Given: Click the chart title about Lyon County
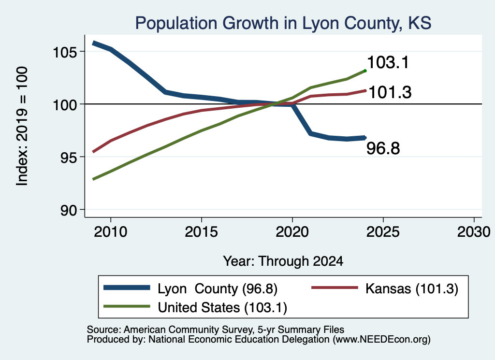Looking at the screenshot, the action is (x=283, y=23).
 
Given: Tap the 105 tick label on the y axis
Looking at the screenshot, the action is (x=65, y=52).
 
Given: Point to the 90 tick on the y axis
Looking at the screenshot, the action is (x=69, y=210).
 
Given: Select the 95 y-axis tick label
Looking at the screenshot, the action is (x=69, y=158).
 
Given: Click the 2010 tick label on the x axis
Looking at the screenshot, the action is (x=111, y=232).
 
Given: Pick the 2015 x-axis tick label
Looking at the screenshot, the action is (x=202, y=232).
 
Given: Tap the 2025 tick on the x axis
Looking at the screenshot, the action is (x=383, y=232).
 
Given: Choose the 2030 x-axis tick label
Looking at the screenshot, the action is (x=474, y=232).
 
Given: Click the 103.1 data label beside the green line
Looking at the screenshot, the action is (x=388, y=62).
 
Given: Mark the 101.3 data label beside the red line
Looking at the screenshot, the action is (x=390, y=92).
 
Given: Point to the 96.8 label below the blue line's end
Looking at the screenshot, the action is (x=383, y=148).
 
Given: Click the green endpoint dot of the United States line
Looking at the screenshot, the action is (x=365, y=71).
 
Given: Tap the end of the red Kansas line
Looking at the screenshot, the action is (x=365, y=90).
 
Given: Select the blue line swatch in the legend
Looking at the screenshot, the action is (x=127, y=288).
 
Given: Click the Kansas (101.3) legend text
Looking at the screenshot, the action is (x=412, y=288).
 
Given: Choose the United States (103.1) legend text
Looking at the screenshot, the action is (x=222, y=307).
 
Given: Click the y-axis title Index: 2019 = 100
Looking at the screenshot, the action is (x=22, y=126).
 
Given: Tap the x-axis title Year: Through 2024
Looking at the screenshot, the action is (x=283, y=261).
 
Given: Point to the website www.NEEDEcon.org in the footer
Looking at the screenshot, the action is (x=381, y=340).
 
